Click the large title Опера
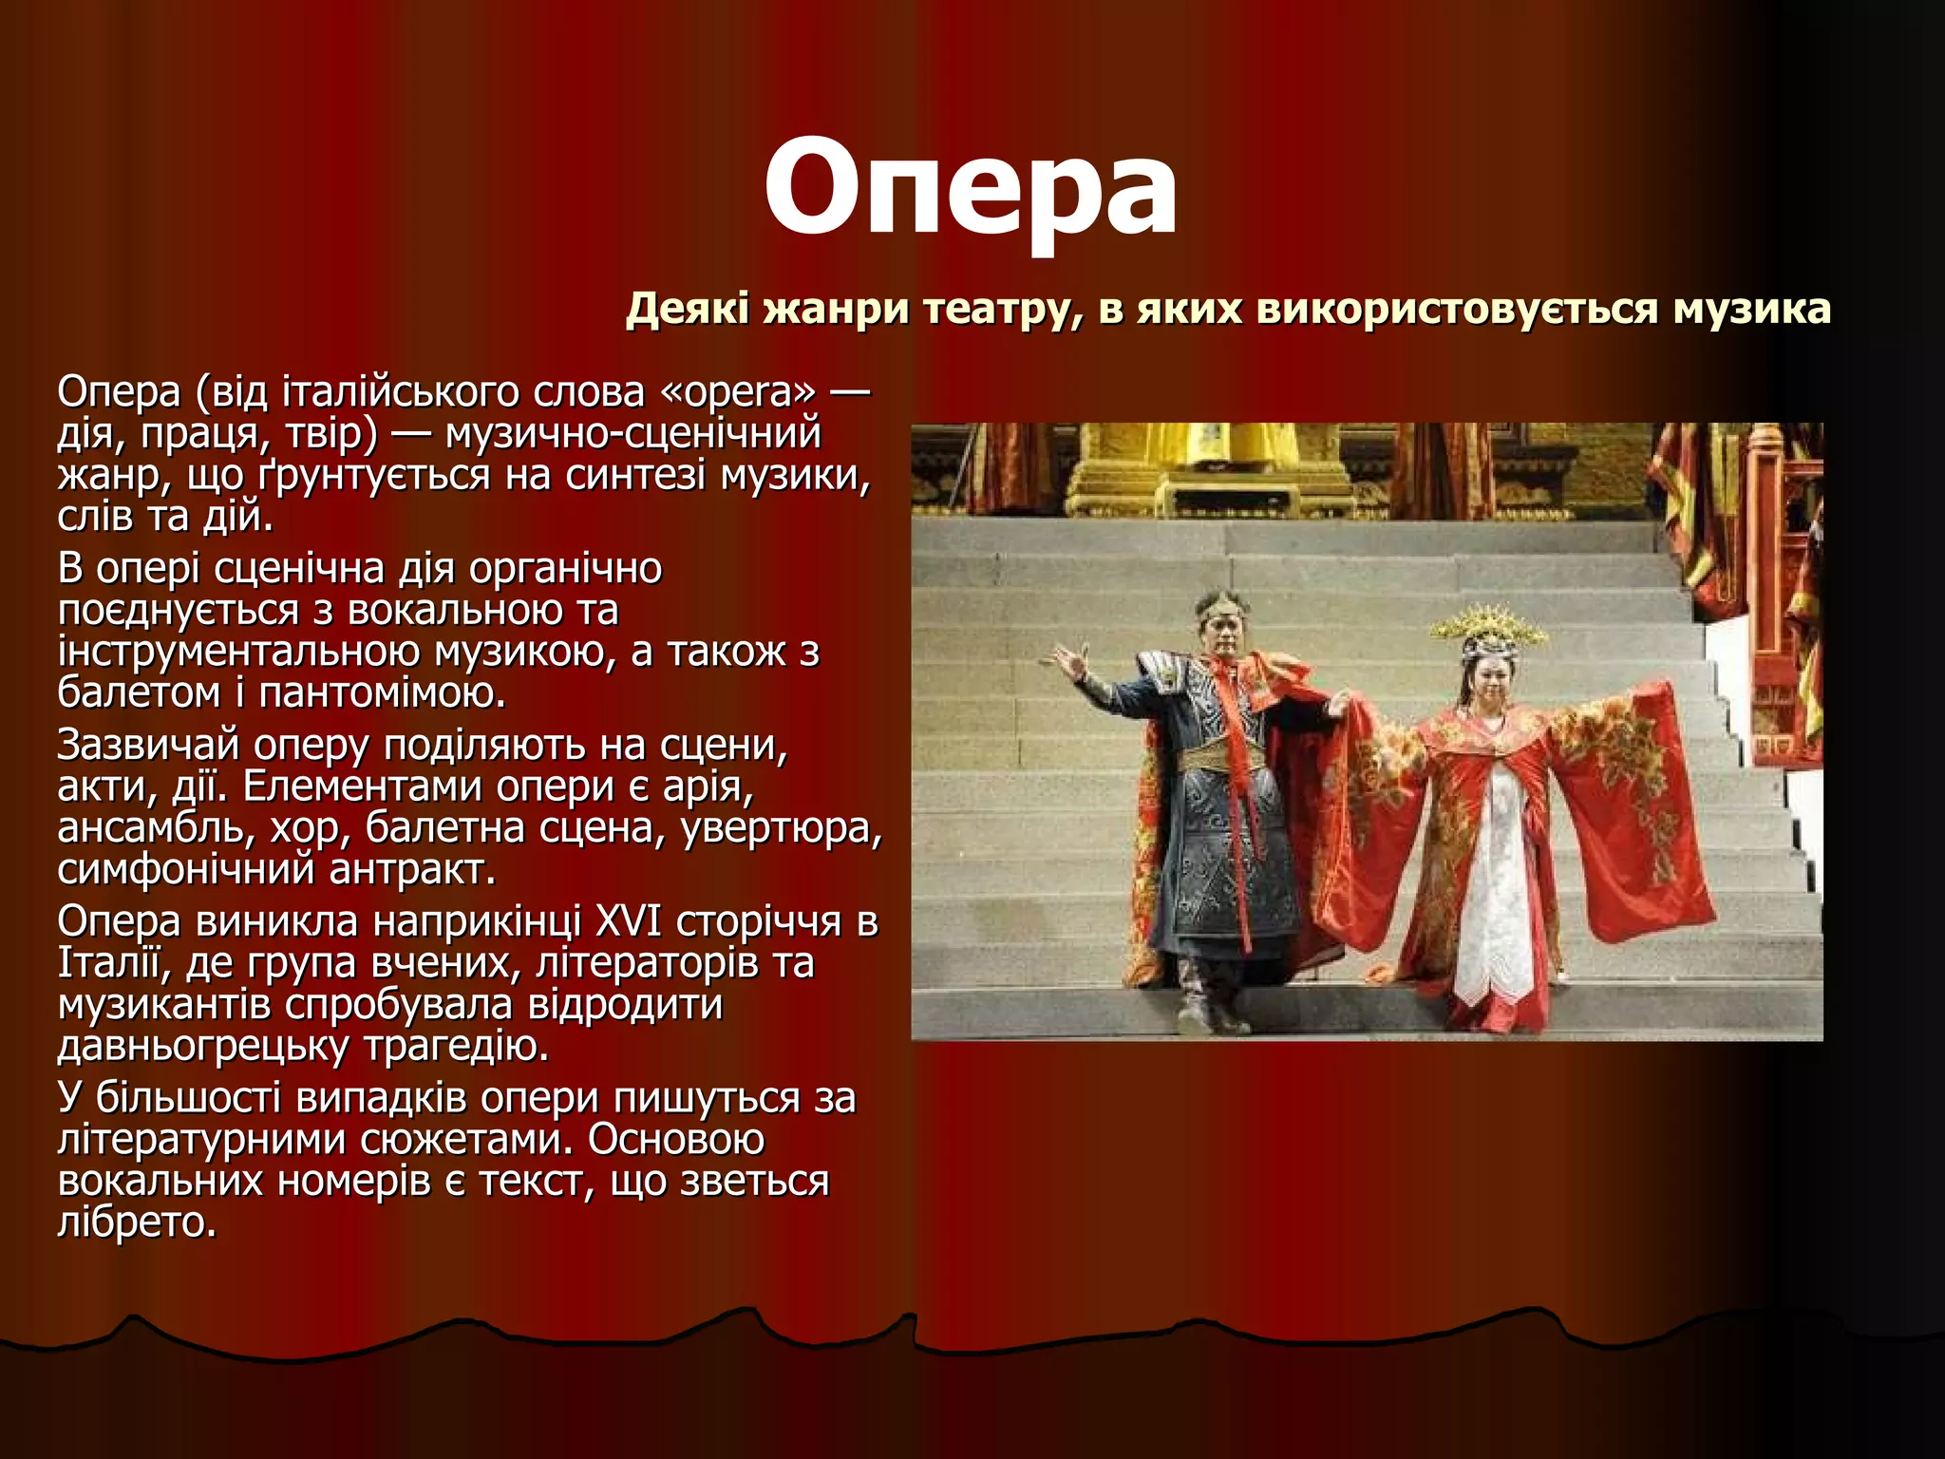tap(971, 186)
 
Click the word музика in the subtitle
tap(1751, 310)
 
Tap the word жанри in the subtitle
tap(835, 310)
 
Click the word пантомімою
tap(382, 692)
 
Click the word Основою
tap(675, 1139)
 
